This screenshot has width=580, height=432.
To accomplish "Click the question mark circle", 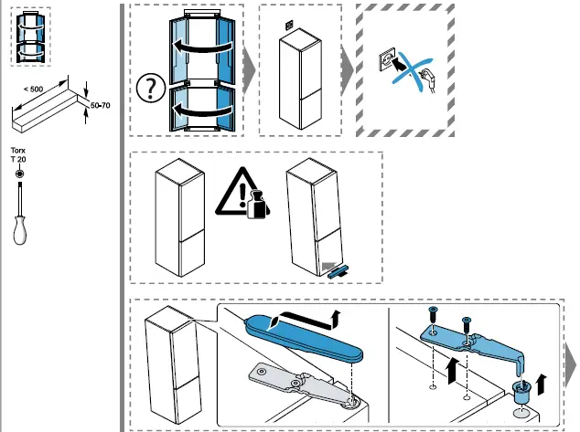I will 147,88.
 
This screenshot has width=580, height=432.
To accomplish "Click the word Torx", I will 17,150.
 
